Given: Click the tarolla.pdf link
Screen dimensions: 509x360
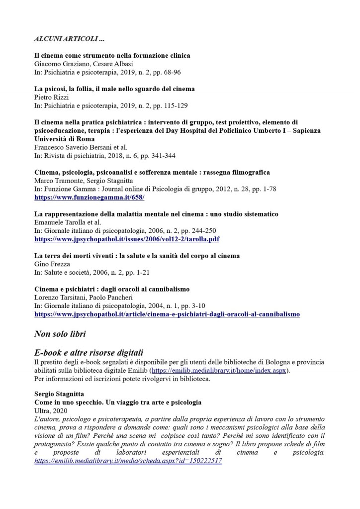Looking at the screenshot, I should (x=127, y=239).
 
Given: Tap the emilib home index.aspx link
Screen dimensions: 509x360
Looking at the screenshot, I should (x=219, y=371).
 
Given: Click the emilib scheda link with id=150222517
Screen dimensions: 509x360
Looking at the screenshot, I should (x=128, y=461).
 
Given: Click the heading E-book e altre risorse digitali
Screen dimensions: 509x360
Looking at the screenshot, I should (x=89, y=353).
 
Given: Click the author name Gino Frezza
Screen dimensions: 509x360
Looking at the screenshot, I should (x=51, y=263).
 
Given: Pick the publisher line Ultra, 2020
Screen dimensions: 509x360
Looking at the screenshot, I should (x=50, y=410).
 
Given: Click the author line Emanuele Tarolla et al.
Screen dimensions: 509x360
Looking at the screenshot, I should (x=67, y=222).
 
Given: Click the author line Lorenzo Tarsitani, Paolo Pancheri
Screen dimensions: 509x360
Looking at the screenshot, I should (x=84, y=298).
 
